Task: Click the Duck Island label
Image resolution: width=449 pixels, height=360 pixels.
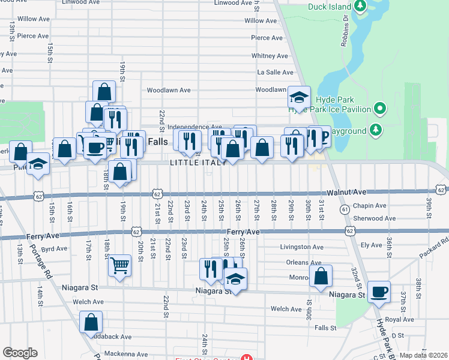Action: tap(329, 7)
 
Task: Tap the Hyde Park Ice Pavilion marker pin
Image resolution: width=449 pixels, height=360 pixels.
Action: tap(379, 109)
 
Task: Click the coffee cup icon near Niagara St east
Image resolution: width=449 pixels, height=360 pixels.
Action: tap(378, 292)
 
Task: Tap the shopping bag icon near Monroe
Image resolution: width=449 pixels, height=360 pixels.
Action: tap(321, 276)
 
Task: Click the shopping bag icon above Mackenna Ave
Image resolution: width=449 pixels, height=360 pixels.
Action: tap(91, 322)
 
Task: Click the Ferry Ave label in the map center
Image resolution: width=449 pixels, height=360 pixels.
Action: tap(243, 232)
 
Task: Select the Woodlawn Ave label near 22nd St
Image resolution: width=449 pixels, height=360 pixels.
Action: tap(169, 91)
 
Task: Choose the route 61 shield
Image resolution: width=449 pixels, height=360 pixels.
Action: tap(345, 209)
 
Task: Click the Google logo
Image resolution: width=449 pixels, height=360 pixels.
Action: tap(20, 353)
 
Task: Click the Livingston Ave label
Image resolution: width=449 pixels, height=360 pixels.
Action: tap(302, 247)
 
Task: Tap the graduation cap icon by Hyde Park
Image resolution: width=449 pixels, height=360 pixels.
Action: tap(298, 96)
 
